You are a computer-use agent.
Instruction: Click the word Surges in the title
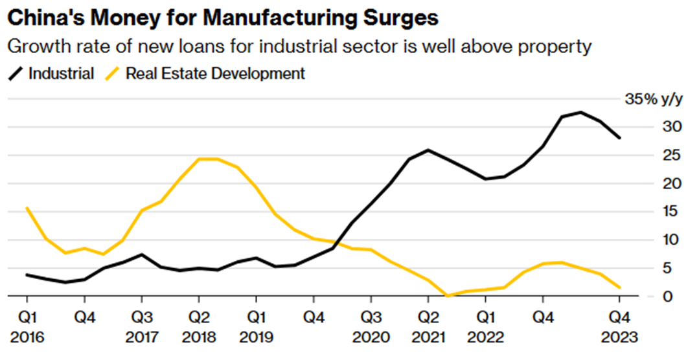397,17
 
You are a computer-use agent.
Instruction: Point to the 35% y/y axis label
653,99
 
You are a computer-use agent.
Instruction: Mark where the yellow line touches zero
447,296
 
